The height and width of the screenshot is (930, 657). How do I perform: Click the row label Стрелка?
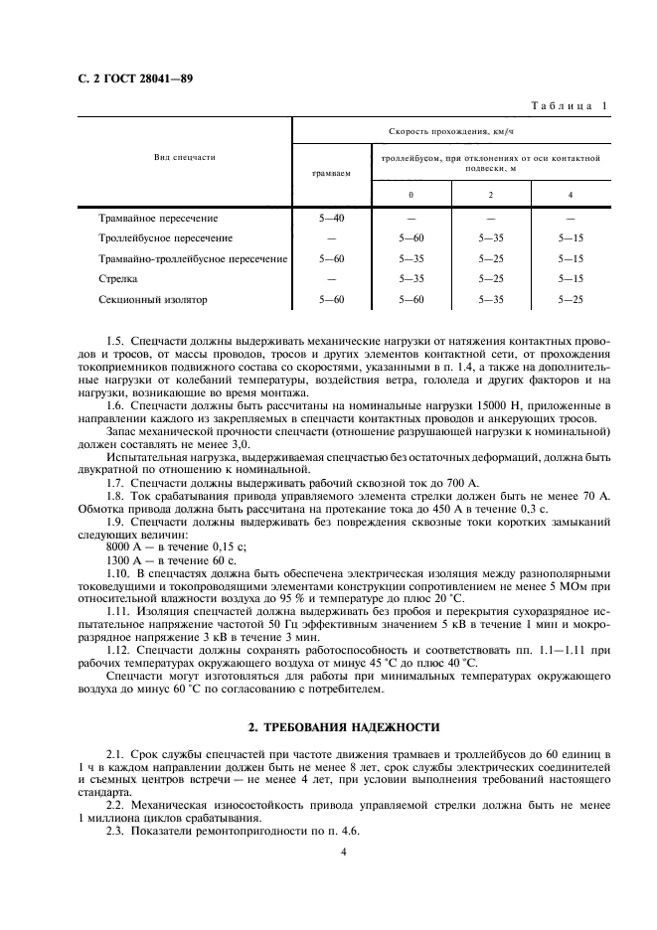pyautogui.click(x=118, y=278)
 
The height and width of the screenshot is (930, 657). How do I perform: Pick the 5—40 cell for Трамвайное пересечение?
pyautogui.click(x=331, y=218)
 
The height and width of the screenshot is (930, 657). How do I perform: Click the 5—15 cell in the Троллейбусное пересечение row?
pyautogui.click(x=571, y=238)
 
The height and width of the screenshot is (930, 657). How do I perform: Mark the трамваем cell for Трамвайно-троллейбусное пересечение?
pyautogui.click(x=331, y=258)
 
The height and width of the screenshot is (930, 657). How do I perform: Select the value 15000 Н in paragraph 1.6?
pyautogui.click(x=460, y=407)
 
